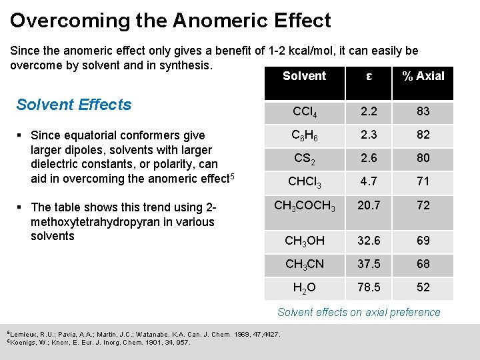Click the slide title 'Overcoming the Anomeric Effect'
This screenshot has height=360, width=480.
tap(170, 21)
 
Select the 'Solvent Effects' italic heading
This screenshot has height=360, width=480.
tap(74, 105)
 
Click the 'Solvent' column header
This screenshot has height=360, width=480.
tap(304, 76)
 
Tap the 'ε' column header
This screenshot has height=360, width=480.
tap(369, 76)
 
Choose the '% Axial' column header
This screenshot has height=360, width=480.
tap(423, 76)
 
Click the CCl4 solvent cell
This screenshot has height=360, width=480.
tap(304, 112)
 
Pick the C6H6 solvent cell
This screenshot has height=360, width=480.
tap(304, 135)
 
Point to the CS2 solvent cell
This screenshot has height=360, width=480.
tap(304, 159)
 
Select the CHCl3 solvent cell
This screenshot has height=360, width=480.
tap(304, 182)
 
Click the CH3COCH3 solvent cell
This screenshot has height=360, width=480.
tap(304, 205)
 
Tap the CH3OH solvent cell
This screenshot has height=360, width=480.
tap(304, 241)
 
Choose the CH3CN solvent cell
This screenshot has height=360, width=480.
tap(304, 264)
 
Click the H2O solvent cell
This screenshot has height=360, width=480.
tap(304, 288)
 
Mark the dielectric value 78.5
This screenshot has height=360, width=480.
tap(369, 287)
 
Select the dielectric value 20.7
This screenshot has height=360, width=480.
tap(369, 205)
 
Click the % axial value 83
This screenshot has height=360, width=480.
tap(423, 111)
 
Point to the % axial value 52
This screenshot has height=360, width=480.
tap(423, 287)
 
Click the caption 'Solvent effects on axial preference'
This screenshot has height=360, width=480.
tap(359, 312)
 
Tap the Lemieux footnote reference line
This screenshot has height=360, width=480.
tap(143, 334)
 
